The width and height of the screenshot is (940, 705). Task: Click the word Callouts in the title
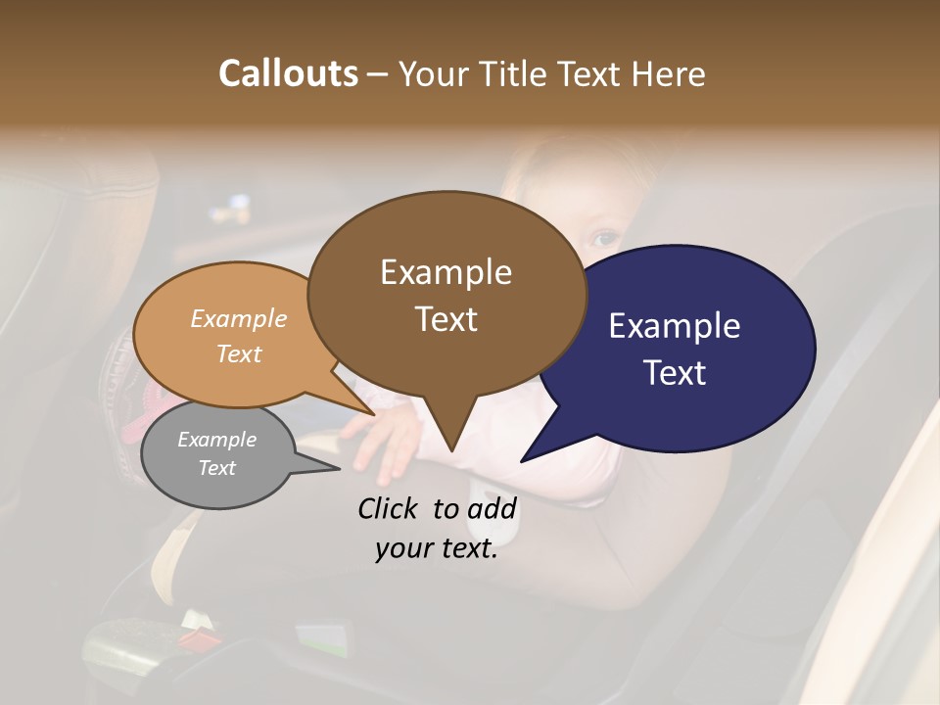288,73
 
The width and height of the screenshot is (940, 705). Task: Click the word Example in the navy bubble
675,326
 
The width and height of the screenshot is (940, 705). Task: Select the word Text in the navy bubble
676,373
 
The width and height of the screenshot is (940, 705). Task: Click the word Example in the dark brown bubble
446,272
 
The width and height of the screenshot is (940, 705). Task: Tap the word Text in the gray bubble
216,468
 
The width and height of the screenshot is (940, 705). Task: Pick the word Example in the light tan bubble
238,319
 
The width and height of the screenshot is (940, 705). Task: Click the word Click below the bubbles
391,508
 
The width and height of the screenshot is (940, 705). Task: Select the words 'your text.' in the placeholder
437,549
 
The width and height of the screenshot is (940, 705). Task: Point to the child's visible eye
604,239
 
